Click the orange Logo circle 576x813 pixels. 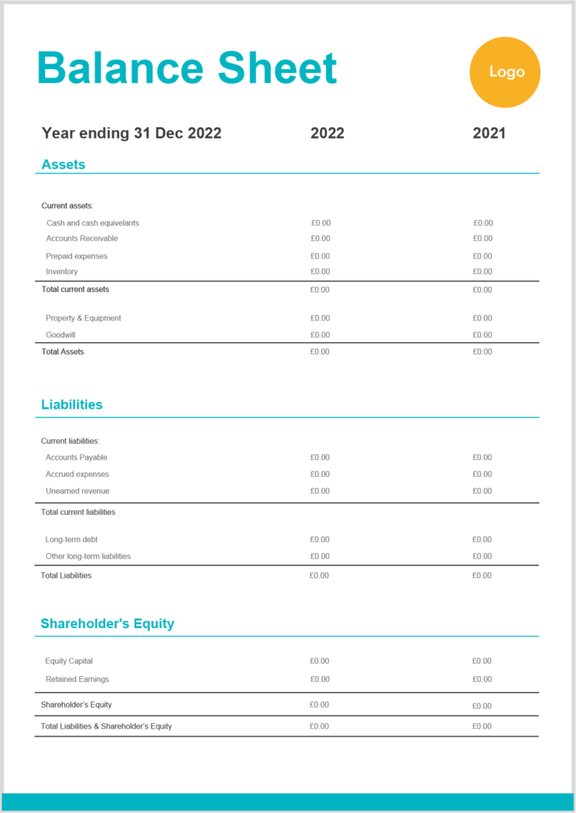pyautogui.click(x=505, y=72)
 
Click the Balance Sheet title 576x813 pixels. pyautogui.click(x=187, y=68)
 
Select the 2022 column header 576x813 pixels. pyautogui.click(x=327, y=133)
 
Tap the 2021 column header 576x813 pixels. pyautogui.click(x=489, y=133)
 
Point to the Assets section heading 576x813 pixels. pyautogui.click(x=63, y=164)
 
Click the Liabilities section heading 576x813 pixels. pyautogui.click(x=72, y=404)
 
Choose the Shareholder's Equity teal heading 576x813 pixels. pyautogui.click(x=108, y=623)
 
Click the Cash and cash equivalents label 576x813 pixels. pyautogui.click(x=93, y=223)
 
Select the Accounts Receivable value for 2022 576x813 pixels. pyautogui.click(x=321, y=238)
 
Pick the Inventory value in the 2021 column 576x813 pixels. pyautogui.click(x=482, y=272)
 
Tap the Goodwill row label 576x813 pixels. pyautogui.click(x=60, y=335)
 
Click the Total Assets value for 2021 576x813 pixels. pyautogui.click(x=482, y=352)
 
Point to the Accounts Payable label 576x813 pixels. pyautogui.click(x=77, y=458)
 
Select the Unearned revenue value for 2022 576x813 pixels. pyautogui.click(x=320, y=491)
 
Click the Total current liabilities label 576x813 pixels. pyautogui.click(x=78, y=512)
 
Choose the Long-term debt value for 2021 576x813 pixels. pyautogui.click(x=482, y=540)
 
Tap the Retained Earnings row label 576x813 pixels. pyautogui.click(x=77, y=679)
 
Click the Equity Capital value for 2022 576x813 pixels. pyautogui.click(x=320, y=661)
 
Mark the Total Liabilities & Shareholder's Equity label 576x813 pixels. pyautogui.click(x=107, y=726)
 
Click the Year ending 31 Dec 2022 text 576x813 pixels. pyautogui.click(x=132, y=133)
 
